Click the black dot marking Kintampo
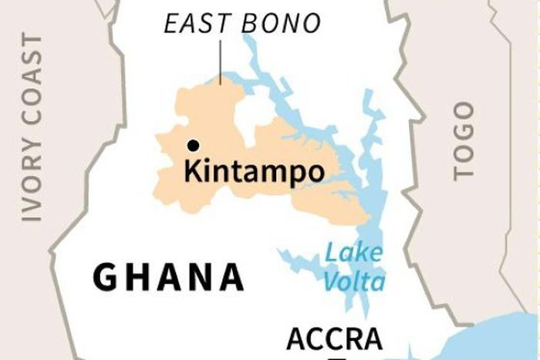[x=193, y=145]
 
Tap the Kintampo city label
[x=254, y=171]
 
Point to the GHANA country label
[x=169, y=277]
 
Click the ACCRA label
[x=334, y=339]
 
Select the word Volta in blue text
[x=354, y=281]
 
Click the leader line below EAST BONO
[x=221, y=62]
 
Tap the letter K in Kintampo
[x=192, y=170]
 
